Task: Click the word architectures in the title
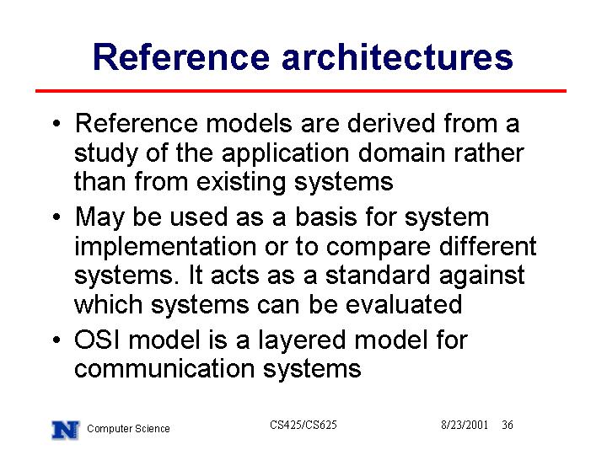coord(397,57)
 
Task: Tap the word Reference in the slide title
coord(181,57)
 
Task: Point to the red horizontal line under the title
coord(301,91)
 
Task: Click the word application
coord(285,154)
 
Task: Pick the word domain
coord(402,153)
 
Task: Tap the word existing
coord(241,183)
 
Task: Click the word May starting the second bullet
coord(99,218)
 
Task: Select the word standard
coord(378,275)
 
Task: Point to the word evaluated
coord(404,304)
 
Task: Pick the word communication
coord(164,368)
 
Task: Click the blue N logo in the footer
coord(65,431)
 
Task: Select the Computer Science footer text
coord(128,429)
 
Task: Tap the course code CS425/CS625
coord(303,425)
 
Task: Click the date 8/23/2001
coord(465,425)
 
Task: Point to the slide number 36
coord(508,425)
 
